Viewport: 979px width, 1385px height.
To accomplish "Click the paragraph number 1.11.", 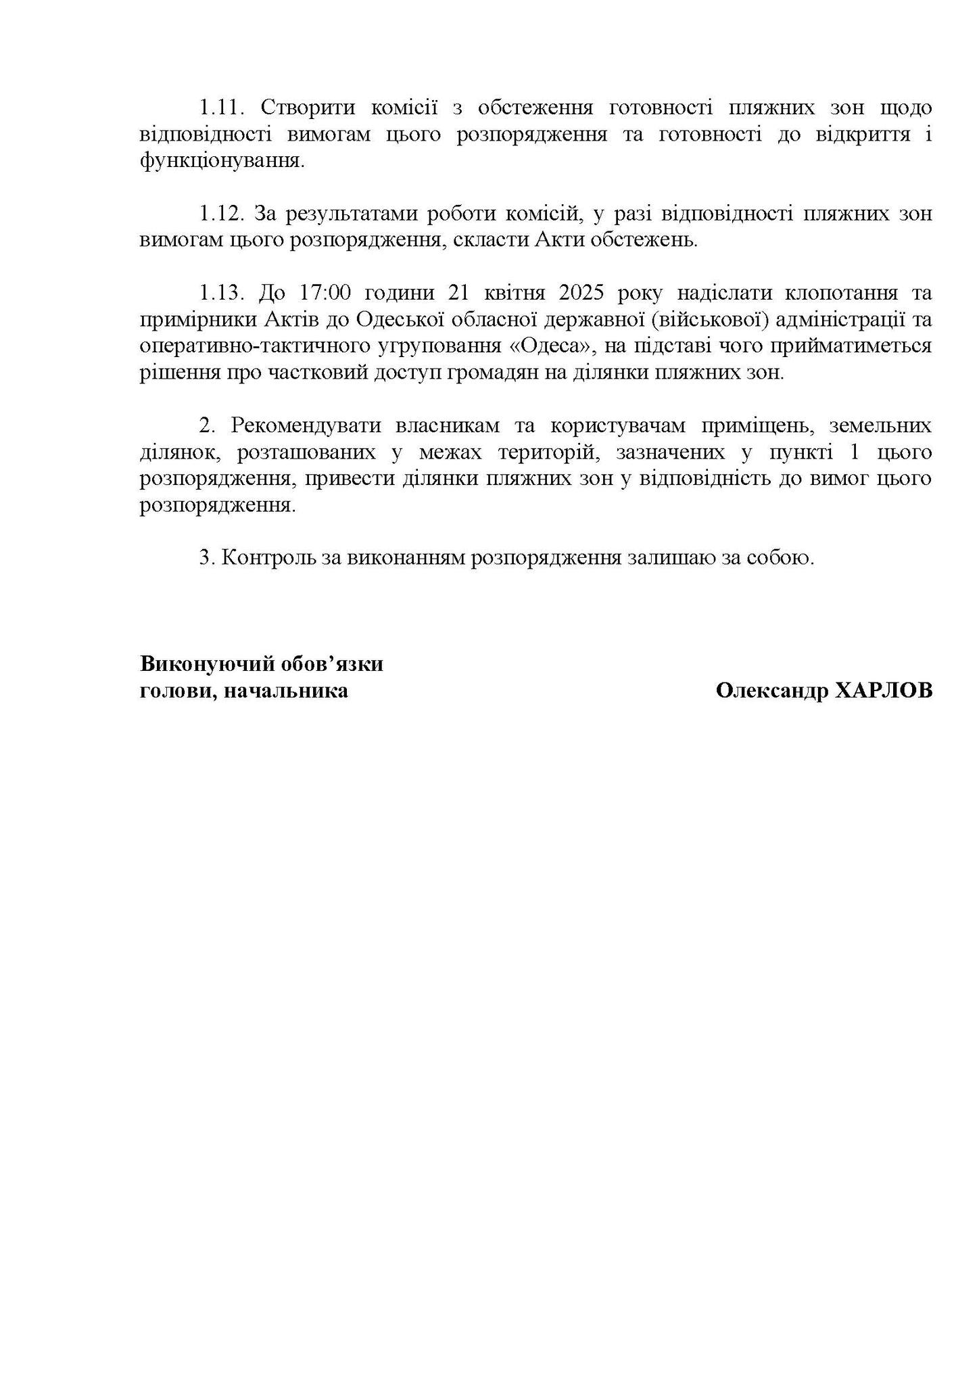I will pos(221,108).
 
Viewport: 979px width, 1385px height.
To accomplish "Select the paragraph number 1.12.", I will pos(221,214).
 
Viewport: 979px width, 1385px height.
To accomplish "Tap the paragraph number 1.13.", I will pos(221,293).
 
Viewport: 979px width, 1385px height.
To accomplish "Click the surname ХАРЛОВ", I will pos(884,691).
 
